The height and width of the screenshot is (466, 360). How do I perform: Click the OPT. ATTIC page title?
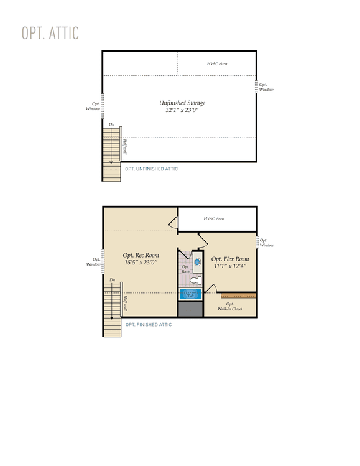point(50,33)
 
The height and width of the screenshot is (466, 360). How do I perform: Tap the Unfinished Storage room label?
point(182,103)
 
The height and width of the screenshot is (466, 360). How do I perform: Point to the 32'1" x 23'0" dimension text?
point(182,110)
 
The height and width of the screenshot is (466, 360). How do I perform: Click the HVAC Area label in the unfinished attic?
point(217,63)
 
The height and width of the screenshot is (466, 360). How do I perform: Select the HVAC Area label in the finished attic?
point(214,218)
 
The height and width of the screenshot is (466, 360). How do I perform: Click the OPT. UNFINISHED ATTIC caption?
point(152,169)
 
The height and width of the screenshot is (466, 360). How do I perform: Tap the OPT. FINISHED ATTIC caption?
point(149,325)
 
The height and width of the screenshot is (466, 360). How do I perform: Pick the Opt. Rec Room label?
point(141,255)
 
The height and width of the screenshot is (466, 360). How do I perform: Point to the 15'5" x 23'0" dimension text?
point(141,262)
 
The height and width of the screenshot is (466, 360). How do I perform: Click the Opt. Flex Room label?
point(230,259)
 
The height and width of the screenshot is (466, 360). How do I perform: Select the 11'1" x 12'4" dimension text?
point(230,266)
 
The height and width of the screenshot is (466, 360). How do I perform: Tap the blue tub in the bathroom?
point(190,294)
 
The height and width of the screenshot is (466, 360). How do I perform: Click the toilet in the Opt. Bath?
point(196,280)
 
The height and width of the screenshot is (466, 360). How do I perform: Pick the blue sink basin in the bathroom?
point(198,262)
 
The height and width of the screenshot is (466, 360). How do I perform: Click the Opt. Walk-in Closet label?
point(230,306)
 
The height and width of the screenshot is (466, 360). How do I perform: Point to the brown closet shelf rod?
point(239,296)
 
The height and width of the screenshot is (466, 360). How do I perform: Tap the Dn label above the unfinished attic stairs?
point(112,124)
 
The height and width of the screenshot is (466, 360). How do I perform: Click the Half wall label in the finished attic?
point(126,303)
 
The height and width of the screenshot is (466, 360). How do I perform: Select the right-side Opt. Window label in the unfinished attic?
point(266,87)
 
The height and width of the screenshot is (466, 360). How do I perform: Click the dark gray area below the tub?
point(190,309)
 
